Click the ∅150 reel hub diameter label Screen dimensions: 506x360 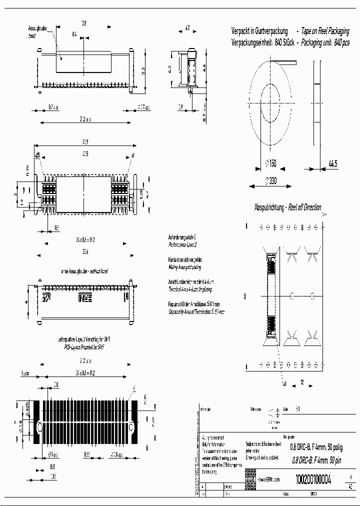(x=270, y=162)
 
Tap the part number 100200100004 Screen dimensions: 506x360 (x=313, y=478)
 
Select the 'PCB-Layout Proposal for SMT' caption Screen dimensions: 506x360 (x=84, y=346)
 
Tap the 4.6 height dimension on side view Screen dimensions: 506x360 (x=203, y=66)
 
